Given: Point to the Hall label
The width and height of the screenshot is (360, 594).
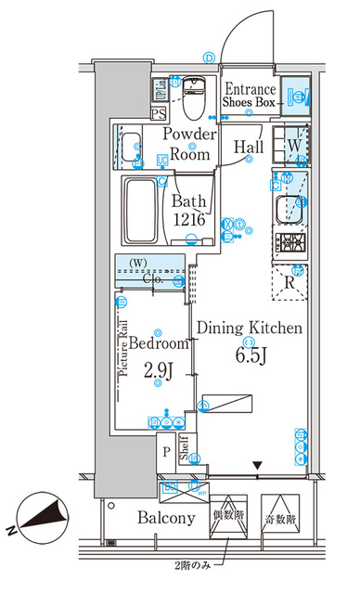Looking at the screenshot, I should pyautogui.click(x=248, y=147).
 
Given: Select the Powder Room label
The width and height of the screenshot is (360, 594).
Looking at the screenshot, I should pyautogui.click(x=190, y=145).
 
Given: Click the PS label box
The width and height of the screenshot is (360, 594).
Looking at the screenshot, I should pyautogui.click(x=159, y=114).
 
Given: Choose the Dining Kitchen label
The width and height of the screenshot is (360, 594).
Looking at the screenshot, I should pyautogui.click(x=248, y=328).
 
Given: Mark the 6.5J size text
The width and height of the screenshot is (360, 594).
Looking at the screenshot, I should pyautogui.click(x=249, y=355).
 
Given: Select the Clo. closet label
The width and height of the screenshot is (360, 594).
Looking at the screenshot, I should pyautogui.click(x=154, y=277).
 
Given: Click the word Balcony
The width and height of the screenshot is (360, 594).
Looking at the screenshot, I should pyautogui.click(x=167, y=519).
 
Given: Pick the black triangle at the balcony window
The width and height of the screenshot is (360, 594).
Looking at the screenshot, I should pyautogui.click(x=258, y=466).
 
